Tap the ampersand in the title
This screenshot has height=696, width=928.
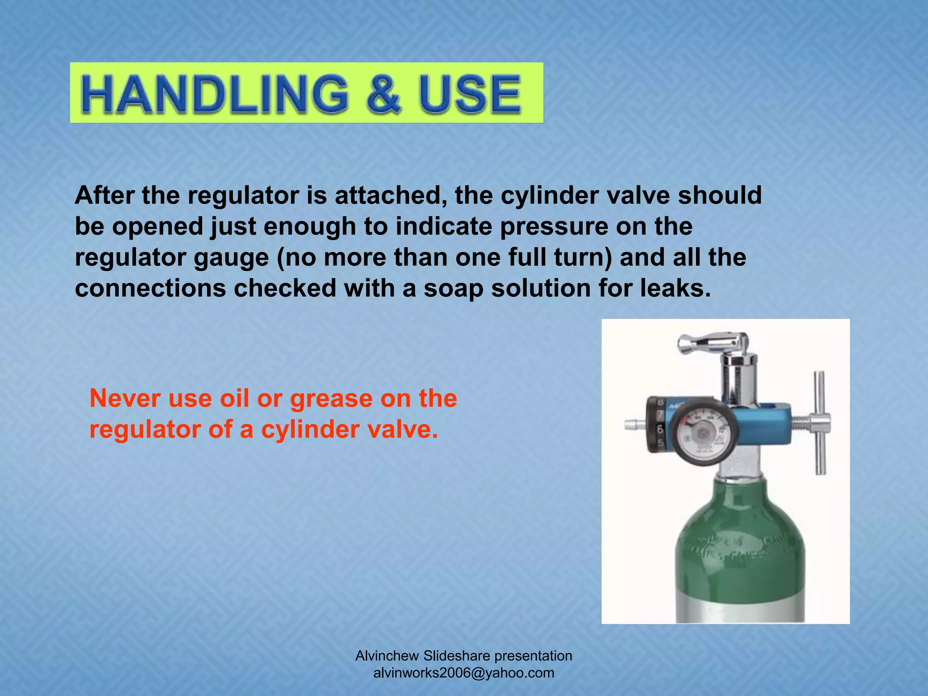pos(385,94)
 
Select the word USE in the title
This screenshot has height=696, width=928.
pos(470,94)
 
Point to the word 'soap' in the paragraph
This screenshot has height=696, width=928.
pos(453,288)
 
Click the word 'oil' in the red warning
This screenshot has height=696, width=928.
pos(234,398)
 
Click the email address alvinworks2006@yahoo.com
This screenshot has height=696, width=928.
pos(464,673)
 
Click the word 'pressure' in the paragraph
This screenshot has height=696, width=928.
pos(554,227)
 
